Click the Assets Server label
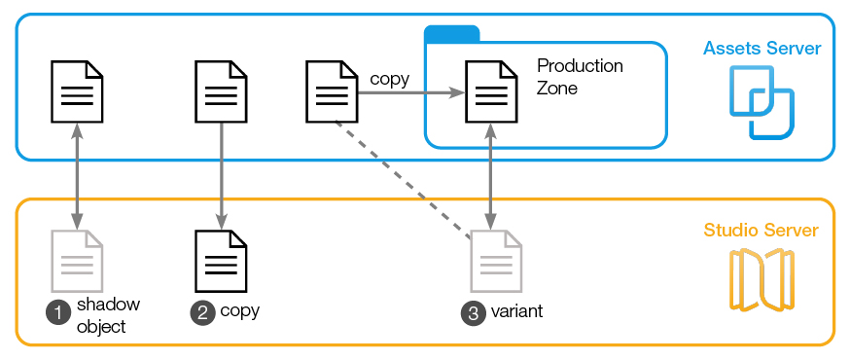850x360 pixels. pos(762,48)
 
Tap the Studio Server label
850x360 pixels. pos(761,231)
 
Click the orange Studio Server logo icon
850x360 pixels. pos(761,280)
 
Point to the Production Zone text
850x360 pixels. pos(580,77)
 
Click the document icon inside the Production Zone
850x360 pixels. pos(490,92)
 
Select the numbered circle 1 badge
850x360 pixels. pos(58,312)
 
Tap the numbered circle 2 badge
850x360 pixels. pos(203,312)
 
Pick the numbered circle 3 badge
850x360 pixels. pos(473,313)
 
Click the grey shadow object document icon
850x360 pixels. pos(77,262)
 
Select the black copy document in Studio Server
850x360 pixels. pos(221,262)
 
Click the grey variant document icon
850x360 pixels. pos(496,262)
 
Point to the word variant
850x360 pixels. pos(515,312)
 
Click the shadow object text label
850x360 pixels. pos(101,315)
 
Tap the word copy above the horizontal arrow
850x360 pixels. pos(389,79)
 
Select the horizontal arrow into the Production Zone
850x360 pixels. pos(408,93)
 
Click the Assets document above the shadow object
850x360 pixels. pos(77,92)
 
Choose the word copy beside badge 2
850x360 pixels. pos(239,311)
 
